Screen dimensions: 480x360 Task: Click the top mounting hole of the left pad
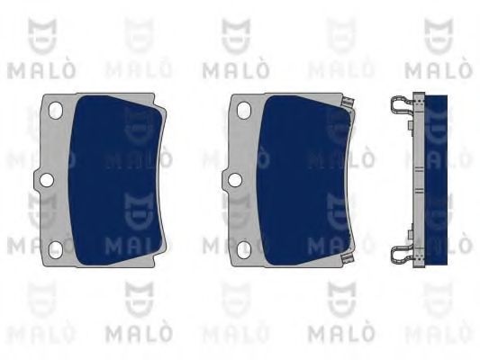(56, 110)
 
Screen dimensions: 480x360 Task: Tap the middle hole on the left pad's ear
(47, 180)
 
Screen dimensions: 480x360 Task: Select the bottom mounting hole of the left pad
(56, 249)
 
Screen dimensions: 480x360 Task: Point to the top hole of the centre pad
(244, 110)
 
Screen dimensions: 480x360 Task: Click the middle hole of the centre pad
(235, 180)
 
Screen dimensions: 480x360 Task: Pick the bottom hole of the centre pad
(244, 249)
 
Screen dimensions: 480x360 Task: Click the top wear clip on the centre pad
(349, 103)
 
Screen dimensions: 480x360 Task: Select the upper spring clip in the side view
(402, 103)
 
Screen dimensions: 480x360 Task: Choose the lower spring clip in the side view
(402, 256)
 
